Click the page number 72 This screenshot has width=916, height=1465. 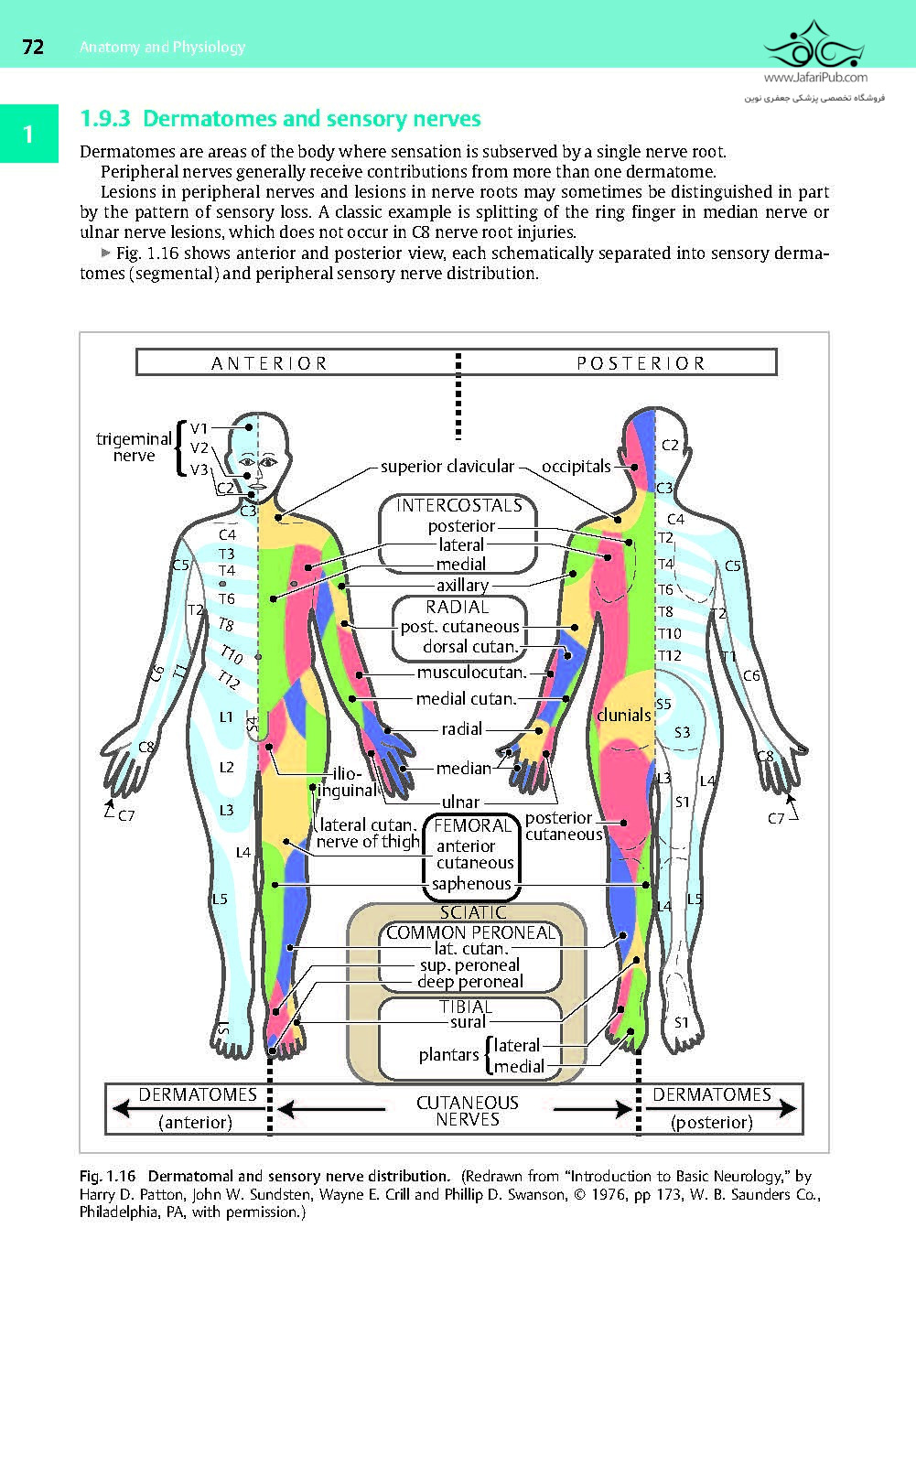tap(32, 48)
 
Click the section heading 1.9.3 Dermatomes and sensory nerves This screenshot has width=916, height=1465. tap(280, 119)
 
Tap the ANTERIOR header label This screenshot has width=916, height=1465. tap(269, 363)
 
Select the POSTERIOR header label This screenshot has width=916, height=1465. tap(641, 363)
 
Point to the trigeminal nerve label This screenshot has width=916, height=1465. tap(134, 447)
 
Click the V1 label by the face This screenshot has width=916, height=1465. tap(199, 427)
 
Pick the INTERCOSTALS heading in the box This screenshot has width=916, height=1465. tap(458, 505)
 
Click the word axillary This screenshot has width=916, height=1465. tap(462, 585)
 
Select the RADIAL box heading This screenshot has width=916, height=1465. tap(458, 607)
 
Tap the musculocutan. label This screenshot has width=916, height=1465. tap(471, 673)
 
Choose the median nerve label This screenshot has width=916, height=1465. tap(463, 769)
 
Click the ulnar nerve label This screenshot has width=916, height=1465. tap(460, 803)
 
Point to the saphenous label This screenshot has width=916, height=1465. tap(471, 884)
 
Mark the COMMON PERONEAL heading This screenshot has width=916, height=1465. tap(471, 932)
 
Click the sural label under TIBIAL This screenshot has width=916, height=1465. tap(468, 1022)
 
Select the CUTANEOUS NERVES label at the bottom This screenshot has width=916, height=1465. tap(468, 1111)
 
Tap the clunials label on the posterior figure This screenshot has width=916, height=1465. tap(623, 715)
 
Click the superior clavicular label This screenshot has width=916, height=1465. tap(447, 467)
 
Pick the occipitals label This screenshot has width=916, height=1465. tap(576, 467)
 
